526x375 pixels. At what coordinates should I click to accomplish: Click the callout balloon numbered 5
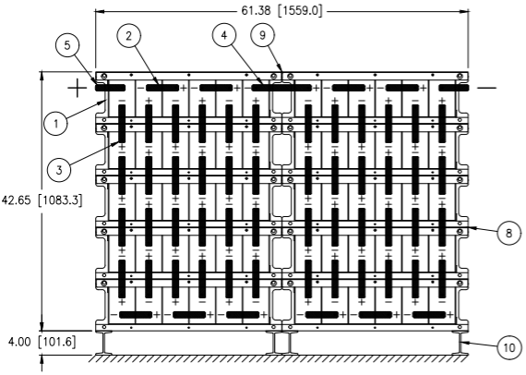67,45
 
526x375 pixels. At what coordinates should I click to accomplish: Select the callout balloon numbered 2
129,36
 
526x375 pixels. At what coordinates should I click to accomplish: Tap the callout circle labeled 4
224,35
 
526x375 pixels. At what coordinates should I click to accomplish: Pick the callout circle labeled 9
263,34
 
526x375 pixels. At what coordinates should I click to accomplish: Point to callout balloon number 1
55,123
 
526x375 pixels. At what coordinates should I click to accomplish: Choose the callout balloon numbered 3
59,170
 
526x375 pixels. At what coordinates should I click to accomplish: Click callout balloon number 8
509,233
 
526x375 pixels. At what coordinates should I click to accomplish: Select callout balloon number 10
509,347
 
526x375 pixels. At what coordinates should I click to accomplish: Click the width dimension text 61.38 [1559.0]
281,11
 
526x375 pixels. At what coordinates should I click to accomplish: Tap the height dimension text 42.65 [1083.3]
42,200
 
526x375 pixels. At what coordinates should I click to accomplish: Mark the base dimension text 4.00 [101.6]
42,343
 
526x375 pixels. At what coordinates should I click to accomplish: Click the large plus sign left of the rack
78,88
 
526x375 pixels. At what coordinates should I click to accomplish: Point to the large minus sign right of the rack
486,88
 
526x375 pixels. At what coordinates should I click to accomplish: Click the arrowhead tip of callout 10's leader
460,342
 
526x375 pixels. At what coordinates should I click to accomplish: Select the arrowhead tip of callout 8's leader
467,228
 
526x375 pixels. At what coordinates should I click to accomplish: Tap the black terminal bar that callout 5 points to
110,88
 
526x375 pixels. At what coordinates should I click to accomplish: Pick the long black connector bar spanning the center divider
281,88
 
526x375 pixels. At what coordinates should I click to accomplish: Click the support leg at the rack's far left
103,343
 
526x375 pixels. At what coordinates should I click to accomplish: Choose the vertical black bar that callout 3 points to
122,123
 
